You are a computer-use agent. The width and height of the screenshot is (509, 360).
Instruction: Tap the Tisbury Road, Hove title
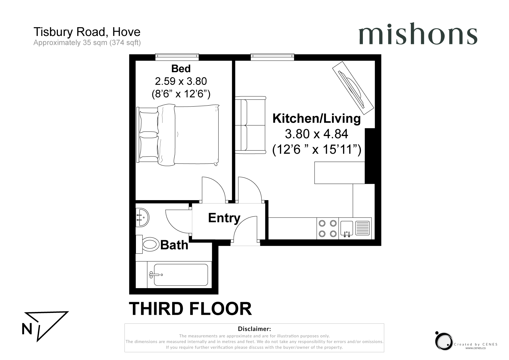click(x=87, y=32)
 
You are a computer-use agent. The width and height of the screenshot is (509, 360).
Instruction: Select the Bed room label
click(x=181, y=69)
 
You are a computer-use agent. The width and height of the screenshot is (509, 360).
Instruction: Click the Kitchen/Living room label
click(x=316, y=119)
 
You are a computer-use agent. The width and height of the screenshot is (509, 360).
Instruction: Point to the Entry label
click(x=224, y=218)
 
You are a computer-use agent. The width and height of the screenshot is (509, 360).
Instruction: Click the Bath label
click(x=174, y=245)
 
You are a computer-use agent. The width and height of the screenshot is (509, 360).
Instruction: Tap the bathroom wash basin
click(x=142, y=217)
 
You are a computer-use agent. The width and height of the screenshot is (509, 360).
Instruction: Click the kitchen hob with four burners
click(x=328, y=228)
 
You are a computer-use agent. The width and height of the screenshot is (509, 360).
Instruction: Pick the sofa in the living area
click(x=250, y=125)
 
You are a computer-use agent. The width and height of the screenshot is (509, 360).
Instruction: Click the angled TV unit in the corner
click(x=353, y=88)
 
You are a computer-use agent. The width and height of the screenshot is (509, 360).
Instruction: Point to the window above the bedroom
click(x=177, y=57)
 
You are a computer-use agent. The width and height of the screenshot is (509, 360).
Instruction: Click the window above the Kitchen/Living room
click(x=272, y=57)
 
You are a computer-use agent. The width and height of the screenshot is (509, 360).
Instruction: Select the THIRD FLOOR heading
click(x=190, y=309)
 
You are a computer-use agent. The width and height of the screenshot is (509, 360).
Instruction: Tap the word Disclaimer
click(x=254, y=329)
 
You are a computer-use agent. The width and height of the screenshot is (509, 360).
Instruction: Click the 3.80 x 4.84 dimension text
click(x=316, y=134)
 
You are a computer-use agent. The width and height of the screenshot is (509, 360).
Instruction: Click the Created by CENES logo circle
click(x=443, y=341)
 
